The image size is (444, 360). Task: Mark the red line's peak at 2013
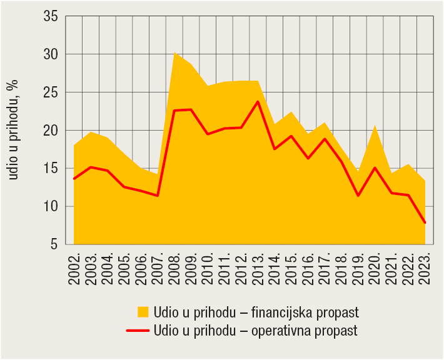pyautogui.click(x=258, y=101)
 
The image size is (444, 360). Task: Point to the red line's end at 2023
pyautogui.click(x=425, y=222)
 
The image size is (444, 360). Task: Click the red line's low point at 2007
pyautogui.click(x=158, y=196)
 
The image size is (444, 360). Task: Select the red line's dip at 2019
pyautogui.click(x=358, y=196)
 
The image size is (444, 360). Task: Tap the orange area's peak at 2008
pyautogui.click(x=174, y=52)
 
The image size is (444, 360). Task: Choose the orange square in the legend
pyautogui.click(x=143, y=311)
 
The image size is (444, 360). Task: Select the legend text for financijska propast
pyautogui.click(x=256, y=311)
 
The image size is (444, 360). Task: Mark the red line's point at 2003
pyautogui.click(x=91, y=167)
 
